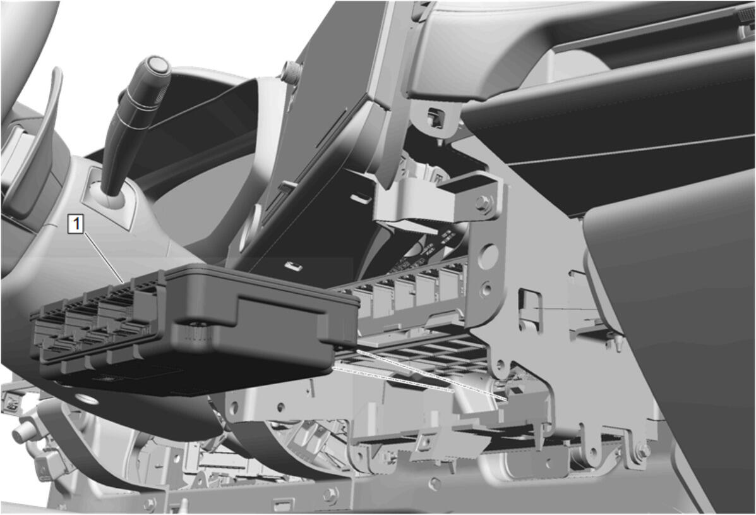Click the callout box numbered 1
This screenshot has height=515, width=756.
tap(76, 224)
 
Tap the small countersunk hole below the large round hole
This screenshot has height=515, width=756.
tap(486, 289)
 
